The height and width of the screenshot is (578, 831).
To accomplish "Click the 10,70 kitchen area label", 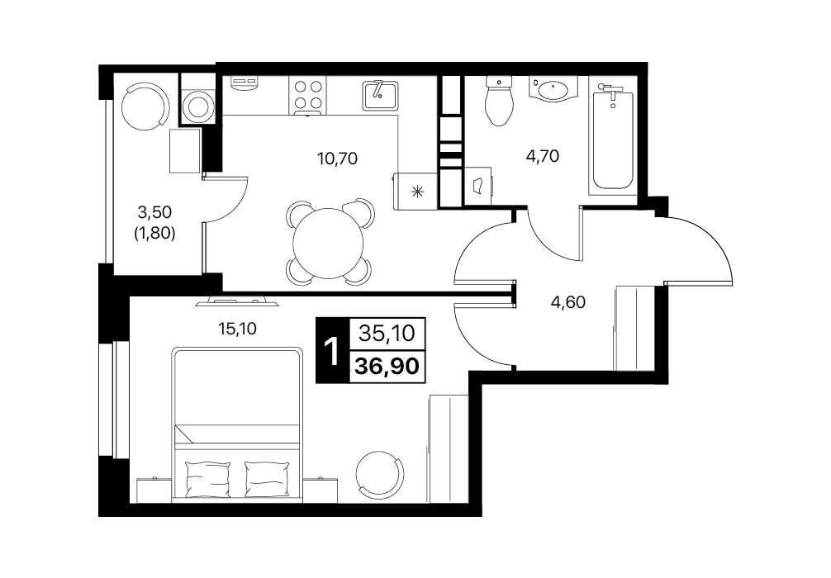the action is tap(337, 158).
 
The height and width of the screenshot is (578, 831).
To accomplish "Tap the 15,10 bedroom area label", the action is tap(237, 329).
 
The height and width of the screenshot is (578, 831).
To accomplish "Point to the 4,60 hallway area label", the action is tap(568, 302).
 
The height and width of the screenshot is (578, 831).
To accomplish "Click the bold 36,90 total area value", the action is tap(387, 366).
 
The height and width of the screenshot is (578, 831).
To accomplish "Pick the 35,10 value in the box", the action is tap(387, 334).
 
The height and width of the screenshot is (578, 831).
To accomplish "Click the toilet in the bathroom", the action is tap(499, 100).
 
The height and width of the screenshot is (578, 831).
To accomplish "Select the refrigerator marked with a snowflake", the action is tap(415, 191).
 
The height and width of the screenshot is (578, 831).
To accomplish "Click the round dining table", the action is tap(329, 244).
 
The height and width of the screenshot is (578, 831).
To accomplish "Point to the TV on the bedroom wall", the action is tap(237, 301).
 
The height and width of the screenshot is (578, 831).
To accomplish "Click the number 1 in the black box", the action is tap(332, 351).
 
